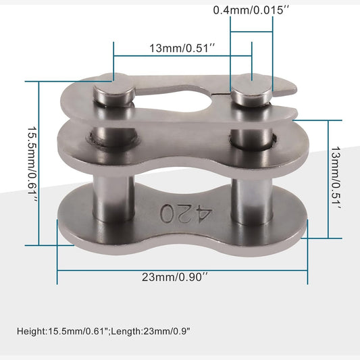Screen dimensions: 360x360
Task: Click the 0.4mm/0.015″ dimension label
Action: pyautogui.click(x=251, y=10)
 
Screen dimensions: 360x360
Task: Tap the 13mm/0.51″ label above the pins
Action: pyautogui.click(x=182, y=48)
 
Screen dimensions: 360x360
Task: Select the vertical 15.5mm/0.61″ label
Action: pyautogui.click(x=32, y=164)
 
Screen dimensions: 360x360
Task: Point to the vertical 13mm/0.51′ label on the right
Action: pyautogui.click(x=336, y=178)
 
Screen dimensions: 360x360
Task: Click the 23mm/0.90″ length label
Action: pyautogui.click(x=175, y=277)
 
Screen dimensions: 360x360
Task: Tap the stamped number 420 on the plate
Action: pyautogui.click(x=186, y=213)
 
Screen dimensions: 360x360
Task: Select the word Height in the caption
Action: pyautogui.click(x=32, y=332)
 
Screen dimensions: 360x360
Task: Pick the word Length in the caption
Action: pyautogui.click(x=126, y=332)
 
